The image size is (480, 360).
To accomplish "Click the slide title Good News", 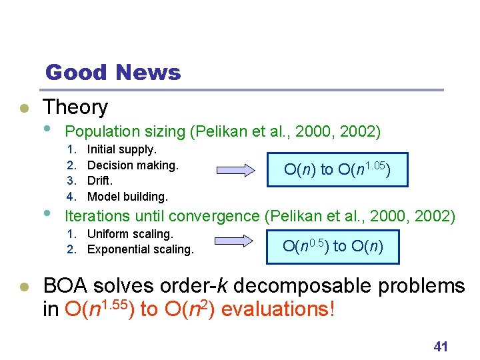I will [x=113, y=72].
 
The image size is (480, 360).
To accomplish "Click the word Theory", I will [x=75, y=107].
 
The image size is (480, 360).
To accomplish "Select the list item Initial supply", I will [x=122, y=149].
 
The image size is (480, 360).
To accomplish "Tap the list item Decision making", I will [x=133, y=165].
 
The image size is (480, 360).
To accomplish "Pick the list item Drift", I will [x=100, y=181].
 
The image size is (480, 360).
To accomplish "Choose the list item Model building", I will [x=127, y=196].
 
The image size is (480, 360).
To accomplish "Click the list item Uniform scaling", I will [x=130, y=234].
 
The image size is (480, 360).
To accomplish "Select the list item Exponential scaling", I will [x=140, y=249].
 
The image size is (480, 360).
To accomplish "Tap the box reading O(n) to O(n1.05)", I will [x=337, y=169].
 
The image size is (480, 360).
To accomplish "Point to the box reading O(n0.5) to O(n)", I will [x=331, y=246].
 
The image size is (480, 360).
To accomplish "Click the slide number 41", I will [x=440, y=346].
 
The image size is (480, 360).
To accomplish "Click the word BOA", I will [x=66, y=286].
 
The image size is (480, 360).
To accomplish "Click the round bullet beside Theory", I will [x=23, y=108].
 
